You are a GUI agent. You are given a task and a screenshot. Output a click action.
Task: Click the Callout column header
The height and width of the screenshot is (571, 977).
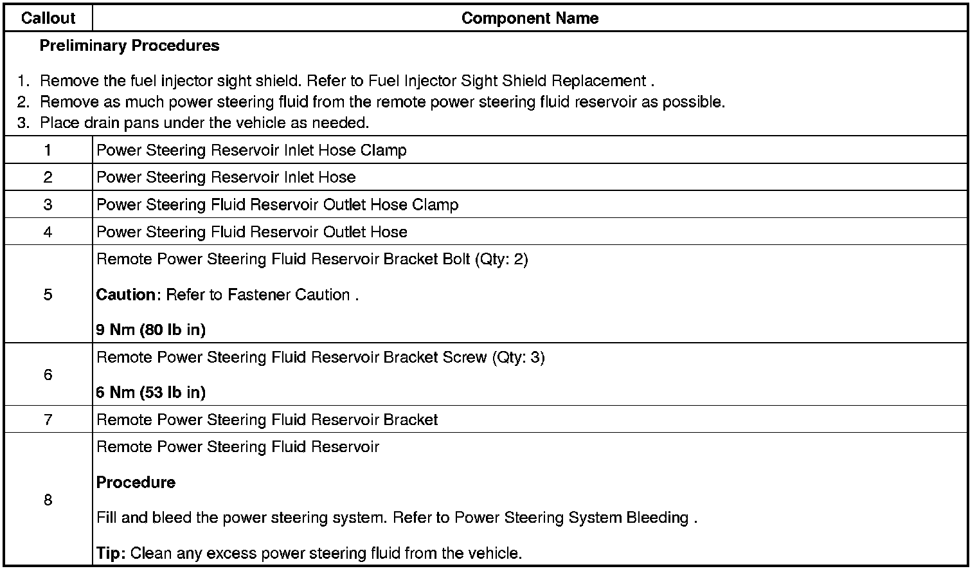click(x=48, y=18)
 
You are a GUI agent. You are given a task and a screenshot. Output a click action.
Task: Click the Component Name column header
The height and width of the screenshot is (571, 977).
click(x=530, y=18)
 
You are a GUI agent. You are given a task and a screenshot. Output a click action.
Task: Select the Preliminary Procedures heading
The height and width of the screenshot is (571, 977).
click(x=129, y=46)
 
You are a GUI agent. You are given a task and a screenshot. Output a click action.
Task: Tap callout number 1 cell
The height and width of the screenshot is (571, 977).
click(x=48, y=150)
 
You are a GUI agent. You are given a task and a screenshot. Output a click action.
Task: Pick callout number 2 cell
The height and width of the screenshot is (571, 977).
click(x=48, y=177)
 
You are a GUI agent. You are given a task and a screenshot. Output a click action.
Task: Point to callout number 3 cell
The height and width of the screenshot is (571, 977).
click(x=48, y=204)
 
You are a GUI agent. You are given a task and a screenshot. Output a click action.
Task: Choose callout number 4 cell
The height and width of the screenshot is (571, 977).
click(x=48, y=232)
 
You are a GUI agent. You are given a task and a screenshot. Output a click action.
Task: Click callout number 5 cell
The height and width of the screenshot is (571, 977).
click(x=48, y=295)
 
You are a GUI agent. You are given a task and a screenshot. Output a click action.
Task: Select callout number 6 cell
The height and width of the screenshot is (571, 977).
click(x=48, y=374)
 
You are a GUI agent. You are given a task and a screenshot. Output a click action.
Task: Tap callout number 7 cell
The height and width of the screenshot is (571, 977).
click(x=48, y=419)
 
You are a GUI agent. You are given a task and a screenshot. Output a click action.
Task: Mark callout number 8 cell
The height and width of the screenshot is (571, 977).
click(x=48, y=500)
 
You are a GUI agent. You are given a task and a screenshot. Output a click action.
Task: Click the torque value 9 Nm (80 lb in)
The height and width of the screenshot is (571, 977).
click(x=151, y=330)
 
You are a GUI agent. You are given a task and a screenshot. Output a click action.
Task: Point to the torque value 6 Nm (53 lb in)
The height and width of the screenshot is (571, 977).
click(x=151, y=392)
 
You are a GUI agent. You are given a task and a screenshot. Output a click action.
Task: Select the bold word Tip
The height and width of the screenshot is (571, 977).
click(x=109, y=553)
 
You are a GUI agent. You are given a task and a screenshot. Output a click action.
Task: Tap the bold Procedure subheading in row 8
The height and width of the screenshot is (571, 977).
click(x=136, y=482)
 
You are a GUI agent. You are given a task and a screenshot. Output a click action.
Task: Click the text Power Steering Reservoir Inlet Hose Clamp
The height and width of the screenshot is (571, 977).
click(x=251, y=150)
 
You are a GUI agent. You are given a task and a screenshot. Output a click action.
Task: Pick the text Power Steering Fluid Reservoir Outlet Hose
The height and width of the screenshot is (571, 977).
click(x=251, y=231)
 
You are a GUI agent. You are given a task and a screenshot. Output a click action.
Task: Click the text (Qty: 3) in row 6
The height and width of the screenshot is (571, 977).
click(x=518, y=357)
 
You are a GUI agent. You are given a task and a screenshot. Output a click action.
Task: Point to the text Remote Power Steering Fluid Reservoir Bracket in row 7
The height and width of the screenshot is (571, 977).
click(x=267, y=419)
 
